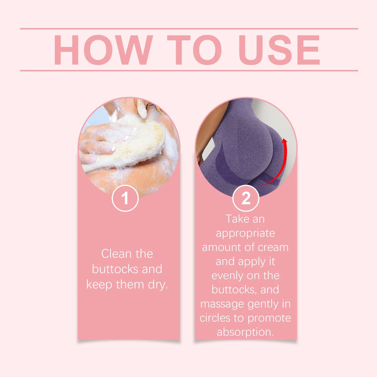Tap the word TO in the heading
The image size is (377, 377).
pyautogui.click(x=194, y=50)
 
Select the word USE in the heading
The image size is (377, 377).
pyautogui.click(x=279, y=50)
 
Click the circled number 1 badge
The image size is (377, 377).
pyautogui.click(x=125, y=198)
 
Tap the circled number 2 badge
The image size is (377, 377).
pyautogui.click(x=246, y=198)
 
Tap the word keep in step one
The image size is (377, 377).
pyautogui.click(x=99, y=285)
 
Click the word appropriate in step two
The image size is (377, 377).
pyautogui.click(x=245, y=234)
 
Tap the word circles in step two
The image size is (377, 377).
pyautogui.click(x=215, y=318)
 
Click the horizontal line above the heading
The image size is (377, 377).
pyautogui.click(x=189, y=29)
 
